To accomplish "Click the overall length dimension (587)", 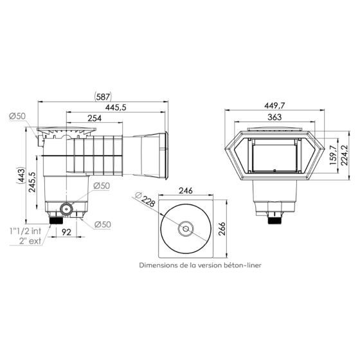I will pos(103,96).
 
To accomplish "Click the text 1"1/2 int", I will pos(26,231).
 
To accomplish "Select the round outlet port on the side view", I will pos(66,209).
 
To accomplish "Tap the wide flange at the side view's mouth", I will pos(166,155).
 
